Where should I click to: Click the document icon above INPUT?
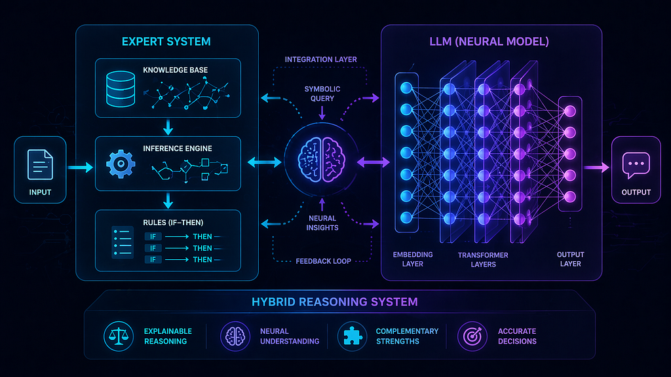click(40, 164)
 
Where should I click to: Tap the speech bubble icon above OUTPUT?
click(636, 165)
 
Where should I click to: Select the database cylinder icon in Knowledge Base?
click(121, 89)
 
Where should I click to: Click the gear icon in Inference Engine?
click(121, 164)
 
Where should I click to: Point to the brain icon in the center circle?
click(321, 160)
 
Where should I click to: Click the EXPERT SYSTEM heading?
click(166, 41)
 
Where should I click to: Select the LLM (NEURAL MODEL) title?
click(489, 41)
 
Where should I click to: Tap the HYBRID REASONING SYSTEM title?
click(335, 302)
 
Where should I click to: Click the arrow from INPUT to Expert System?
click(80, 167)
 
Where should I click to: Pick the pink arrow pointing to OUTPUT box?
click(596, 167)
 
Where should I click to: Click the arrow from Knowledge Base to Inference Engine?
click(168, 127)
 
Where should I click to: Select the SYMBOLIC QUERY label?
click(322, 94)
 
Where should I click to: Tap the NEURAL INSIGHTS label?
click(322, 223)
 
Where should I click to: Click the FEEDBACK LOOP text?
click(323, 261)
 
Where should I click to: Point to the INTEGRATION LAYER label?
click(321, 60)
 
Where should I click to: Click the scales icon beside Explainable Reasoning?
click(119, 336)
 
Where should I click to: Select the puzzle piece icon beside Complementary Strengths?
click(352, 336)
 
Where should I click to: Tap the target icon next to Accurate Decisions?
click(472, 336)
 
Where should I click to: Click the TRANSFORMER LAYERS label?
click(483, 259)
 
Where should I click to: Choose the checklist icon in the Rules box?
click(123, 242)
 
